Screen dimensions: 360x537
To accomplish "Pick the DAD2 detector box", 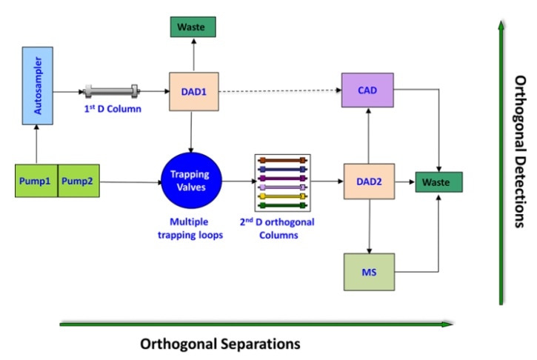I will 369,181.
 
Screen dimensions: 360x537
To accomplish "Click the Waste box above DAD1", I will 192,27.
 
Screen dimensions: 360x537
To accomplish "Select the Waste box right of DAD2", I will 437,181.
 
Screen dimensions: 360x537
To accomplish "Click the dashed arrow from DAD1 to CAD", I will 278,92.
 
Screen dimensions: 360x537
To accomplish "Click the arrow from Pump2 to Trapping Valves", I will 130,181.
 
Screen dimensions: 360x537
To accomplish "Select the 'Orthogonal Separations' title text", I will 220,344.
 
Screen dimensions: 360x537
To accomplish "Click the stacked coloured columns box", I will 282,181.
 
